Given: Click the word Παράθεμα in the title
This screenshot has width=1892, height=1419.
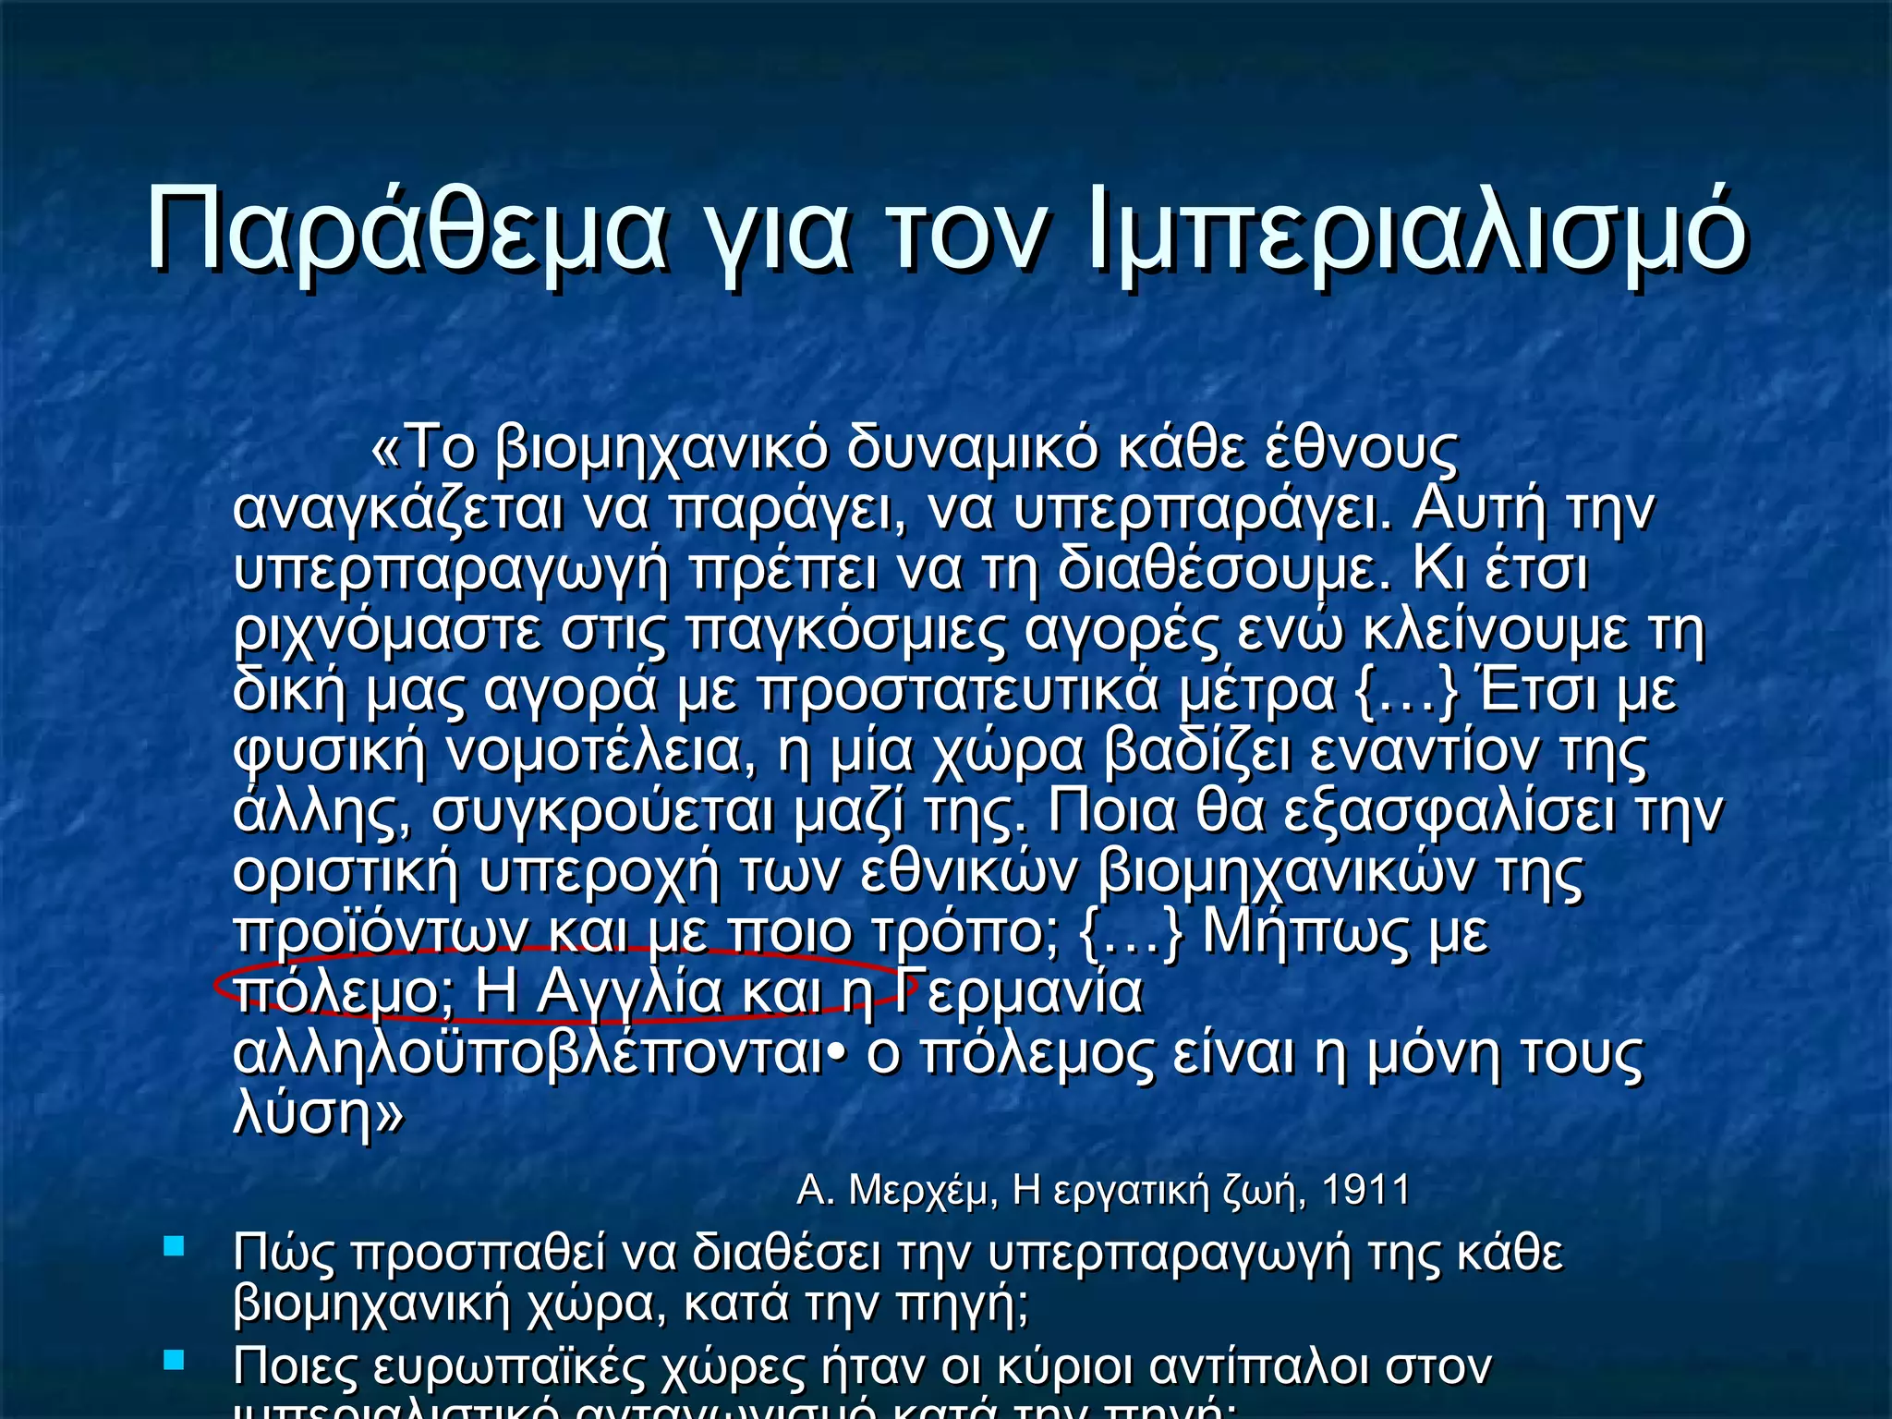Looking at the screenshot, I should point(406,231).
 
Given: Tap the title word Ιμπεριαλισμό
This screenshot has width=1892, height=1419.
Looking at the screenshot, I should point(1418,231).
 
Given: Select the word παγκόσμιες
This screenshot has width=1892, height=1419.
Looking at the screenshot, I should point(846,632).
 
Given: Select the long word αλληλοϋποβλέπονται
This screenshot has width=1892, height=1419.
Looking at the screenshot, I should point(528,1054).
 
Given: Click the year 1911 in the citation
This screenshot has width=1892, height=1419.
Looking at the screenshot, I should point(1365,1191).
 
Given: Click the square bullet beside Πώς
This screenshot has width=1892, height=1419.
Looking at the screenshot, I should point(174,1247).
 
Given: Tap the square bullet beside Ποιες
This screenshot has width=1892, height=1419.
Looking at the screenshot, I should point(174,1360).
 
